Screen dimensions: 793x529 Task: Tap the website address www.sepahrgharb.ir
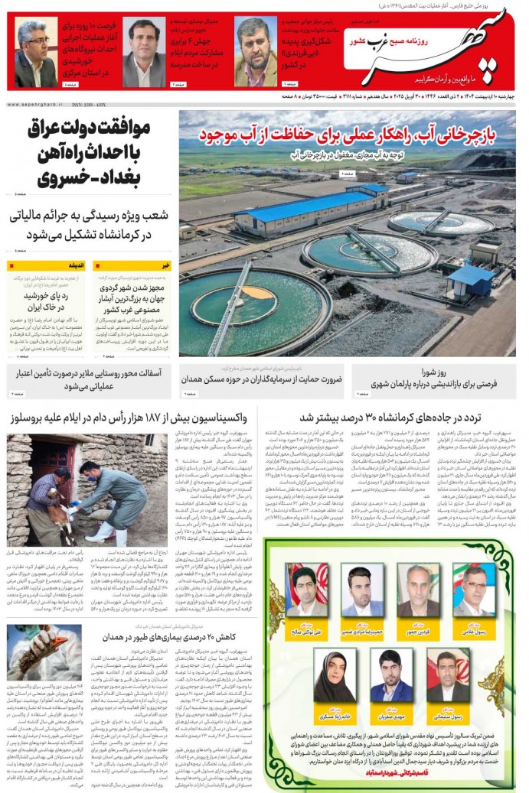click(x=35, y=104)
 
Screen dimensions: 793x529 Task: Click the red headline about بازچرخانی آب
click(x=348, y=136)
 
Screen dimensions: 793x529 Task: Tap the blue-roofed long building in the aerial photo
click(x=306, y=211)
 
